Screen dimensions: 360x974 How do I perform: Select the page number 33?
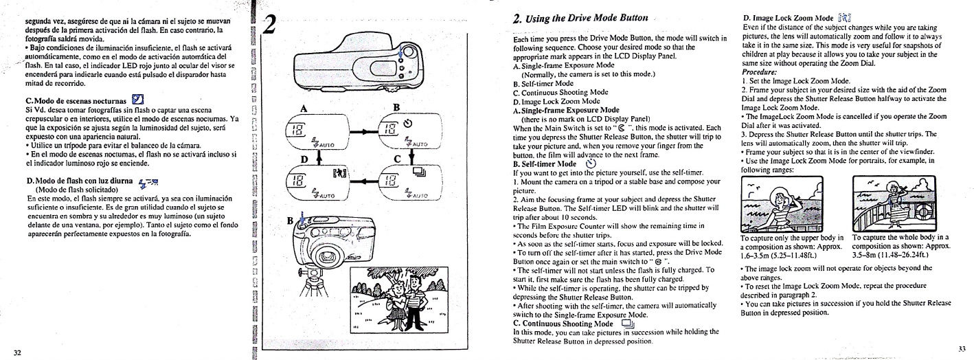(959, 348)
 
